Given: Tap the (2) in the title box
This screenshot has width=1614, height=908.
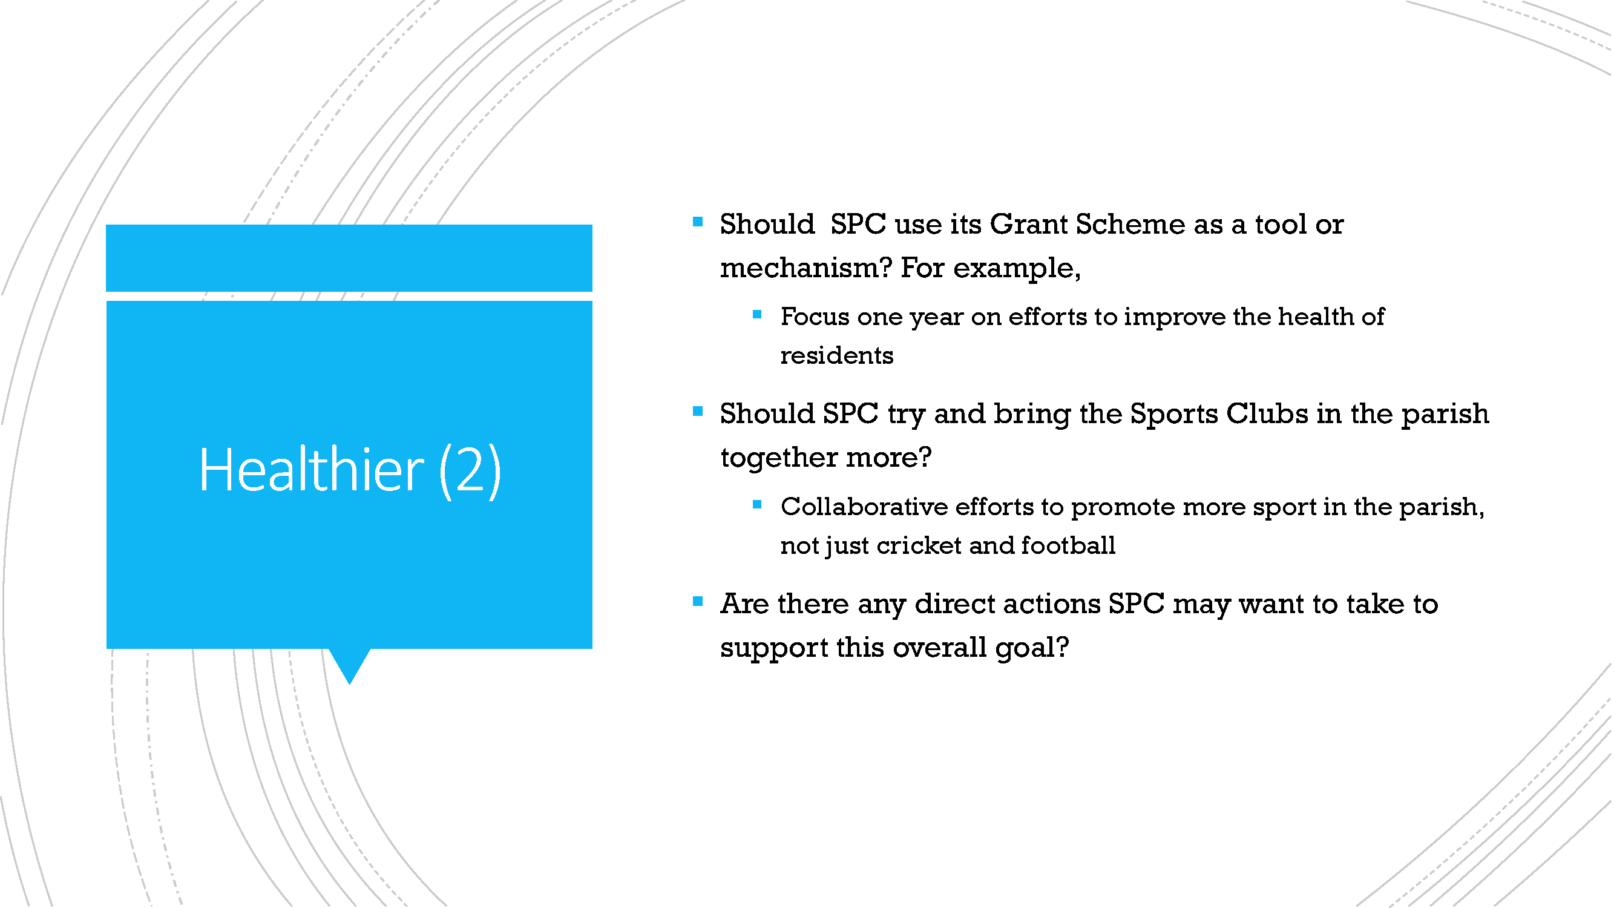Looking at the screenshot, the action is click(470, 471).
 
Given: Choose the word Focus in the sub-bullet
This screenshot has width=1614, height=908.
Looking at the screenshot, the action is click(815, 317).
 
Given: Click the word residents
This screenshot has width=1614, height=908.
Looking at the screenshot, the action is click(837, 355).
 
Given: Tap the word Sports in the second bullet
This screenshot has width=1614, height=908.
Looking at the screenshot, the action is click(1173, 414).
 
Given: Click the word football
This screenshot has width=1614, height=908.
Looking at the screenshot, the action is click(1068, 545).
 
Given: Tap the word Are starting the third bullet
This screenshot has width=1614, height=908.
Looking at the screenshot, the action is click(744, 604).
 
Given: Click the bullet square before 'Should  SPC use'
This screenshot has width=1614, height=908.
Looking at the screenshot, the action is click(698, 222).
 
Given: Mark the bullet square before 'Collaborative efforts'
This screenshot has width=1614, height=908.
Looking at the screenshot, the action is click(757, 504).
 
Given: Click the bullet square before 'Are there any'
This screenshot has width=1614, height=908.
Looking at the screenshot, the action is click(698, 602).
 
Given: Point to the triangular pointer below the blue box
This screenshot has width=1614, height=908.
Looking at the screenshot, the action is click(350, 663).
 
